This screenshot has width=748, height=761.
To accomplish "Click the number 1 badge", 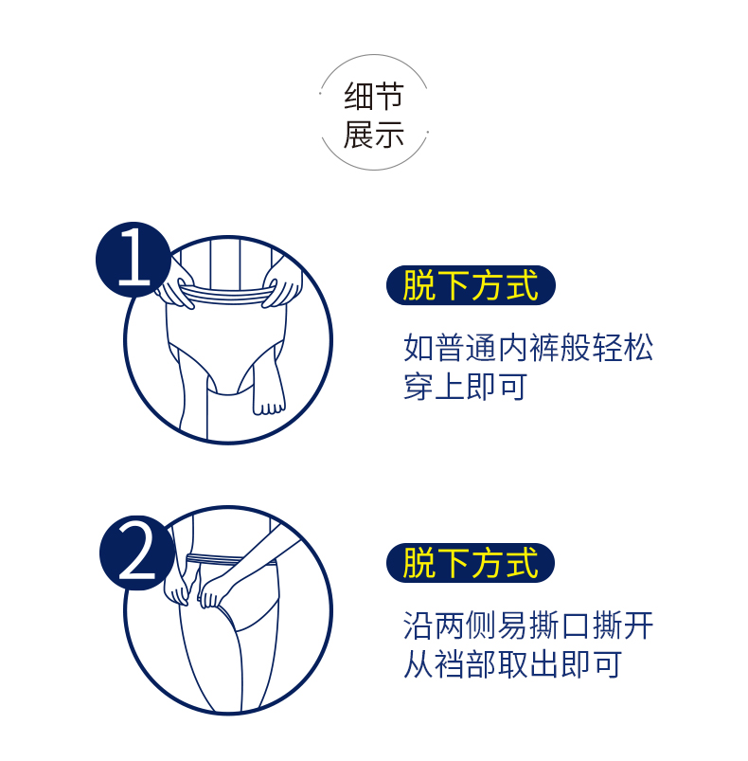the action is (x=134, y=260).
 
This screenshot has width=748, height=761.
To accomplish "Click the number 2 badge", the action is (x=137, y=553).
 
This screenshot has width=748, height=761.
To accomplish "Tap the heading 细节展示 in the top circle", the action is (x=374, y=115).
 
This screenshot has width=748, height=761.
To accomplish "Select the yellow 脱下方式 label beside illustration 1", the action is (x=471, y=285).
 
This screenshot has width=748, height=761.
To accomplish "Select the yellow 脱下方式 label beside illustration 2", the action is (x=471, y=563).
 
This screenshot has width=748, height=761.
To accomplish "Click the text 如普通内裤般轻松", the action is (x=528, y=348).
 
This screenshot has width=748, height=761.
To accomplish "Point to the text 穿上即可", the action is (x=466, y=387).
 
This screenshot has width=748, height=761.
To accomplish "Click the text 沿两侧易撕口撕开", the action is (x=528, y=625).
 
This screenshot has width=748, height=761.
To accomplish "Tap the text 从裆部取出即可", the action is (x=512, y=664).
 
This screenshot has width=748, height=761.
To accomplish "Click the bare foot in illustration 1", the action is (x=268, y=394).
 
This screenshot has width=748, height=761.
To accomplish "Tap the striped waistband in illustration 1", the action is (x=227, y=295).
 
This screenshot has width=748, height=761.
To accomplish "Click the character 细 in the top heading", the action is (x=358, y=96).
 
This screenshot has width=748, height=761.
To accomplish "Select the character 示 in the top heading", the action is (x=389, y=135).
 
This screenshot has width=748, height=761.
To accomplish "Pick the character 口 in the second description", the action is (x=576, y=625).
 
